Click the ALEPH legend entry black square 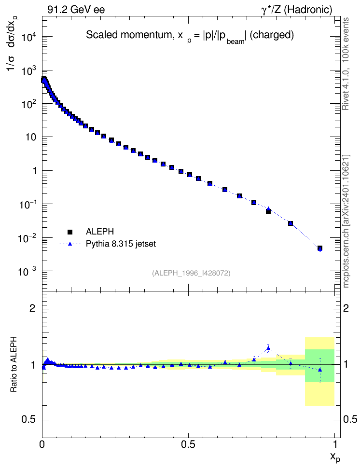click(70, 232)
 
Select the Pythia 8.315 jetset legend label click(121, 244)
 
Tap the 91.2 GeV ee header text click(76, 10)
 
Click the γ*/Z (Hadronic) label click(297, 10)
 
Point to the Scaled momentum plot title click(190, 36)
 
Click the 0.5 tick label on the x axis click(188, 444)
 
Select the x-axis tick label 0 click(42, 444)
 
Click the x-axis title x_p click(335, 457)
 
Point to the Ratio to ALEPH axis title click(14, 364)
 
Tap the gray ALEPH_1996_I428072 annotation click(191, 273)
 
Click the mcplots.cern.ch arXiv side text click(346, 221)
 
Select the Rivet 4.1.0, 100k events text click(346, 64)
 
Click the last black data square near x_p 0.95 click(320, 248)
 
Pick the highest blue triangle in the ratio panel click(268, 348)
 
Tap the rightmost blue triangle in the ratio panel click(320, 370)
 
